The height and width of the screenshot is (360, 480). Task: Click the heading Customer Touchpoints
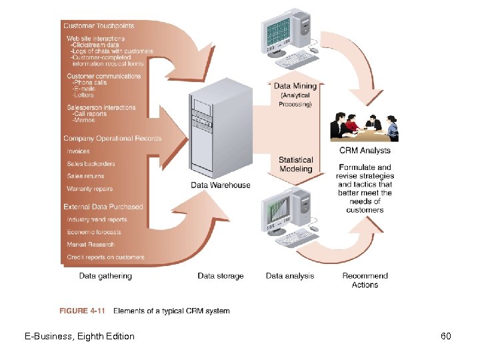[x=99, y=26]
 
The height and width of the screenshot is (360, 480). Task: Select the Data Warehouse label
[x=221, y=185]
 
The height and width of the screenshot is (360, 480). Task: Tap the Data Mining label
[x=295, y=86]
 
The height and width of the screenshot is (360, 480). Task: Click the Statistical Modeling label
[x=295, y=165]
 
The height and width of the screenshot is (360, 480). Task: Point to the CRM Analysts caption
[x=365, y=151]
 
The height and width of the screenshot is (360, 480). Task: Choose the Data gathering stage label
[x=105, y=276]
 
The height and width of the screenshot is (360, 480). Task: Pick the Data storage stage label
[x=221, y=276]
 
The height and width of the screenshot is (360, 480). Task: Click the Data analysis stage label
[x=290, y=276]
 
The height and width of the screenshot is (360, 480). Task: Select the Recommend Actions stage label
[x=365, y=280]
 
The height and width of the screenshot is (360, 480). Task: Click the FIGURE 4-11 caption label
[x=83, y=311]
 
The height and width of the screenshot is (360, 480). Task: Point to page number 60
[x=446, y=336]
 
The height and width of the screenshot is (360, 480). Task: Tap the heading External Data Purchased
[x=103, y=207]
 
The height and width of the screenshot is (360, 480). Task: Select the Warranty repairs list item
[x=90, y=189]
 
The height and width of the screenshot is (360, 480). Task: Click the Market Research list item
[x=91, y=245]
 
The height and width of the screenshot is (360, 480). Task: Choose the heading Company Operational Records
[x=112, y=139]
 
